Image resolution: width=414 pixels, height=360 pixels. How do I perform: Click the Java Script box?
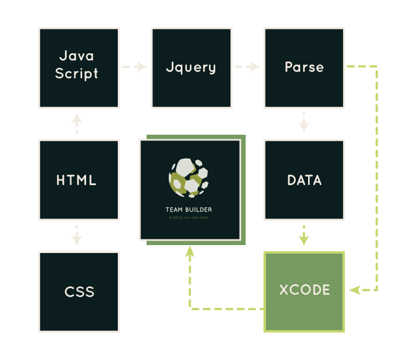click(79, 67)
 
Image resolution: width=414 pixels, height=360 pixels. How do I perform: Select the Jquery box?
click(191, 67)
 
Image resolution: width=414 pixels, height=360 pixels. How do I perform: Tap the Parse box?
click(304, 67)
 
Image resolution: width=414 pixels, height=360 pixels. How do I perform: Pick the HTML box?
click(79, 180)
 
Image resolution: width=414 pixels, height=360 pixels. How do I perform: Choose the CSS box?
click(79, 292)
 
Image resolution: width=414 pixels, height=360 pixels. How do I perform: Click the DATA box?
click(304, 180)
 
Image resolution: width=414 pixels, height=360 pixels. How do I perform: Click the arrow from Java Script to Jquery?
click(135, 67)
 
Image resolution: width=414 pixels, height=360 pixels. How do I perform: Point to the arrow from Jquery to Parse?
click(247, 67)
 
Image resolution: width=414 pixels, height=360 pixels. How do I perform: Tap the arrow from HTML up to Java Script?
click(78, 123)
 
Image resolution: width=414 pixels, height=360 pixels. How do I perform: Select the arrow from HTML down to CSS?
click(78, 235)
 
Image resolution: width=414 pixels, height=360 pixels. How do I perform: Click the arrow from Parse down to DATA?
click(304, 123)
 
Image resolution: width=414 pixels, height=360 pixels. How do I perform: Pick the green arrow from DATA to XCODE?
click(304, 235)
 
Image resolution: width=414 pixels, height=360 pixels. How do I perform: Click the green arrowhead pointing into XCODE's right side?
click(355, 290)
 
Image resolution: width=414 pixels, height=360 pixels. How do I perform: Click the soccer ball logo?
click(189, 177)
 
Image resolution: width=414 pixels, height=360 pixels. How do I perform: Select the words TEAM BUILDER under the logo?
click(189, 210)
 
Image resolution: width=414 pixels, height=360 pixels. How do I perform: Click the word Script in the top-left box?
click(77, 74)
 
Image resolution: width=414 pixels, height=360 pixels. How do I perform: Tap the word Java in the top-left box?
click(77, 57)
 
